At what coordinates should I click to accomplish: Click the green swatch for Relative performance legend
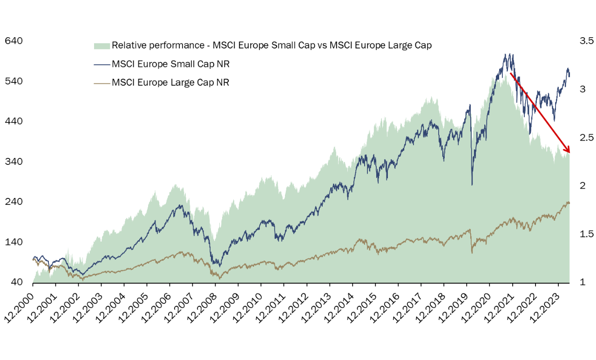[102, 46]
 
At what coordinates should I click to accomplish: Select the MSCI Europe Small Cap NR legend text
[171, 64]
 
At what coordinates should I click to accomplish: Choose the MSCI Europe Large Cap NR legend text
[171, 82]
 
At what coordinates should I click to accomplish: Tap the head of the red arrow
[569, 151]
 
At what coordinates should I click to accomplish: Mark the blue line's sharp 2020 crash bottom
[472, 185]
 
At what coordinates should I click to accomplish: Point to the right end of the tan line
[569, 203]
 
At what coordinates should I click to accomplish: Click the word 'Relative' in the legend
[127, 46]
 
